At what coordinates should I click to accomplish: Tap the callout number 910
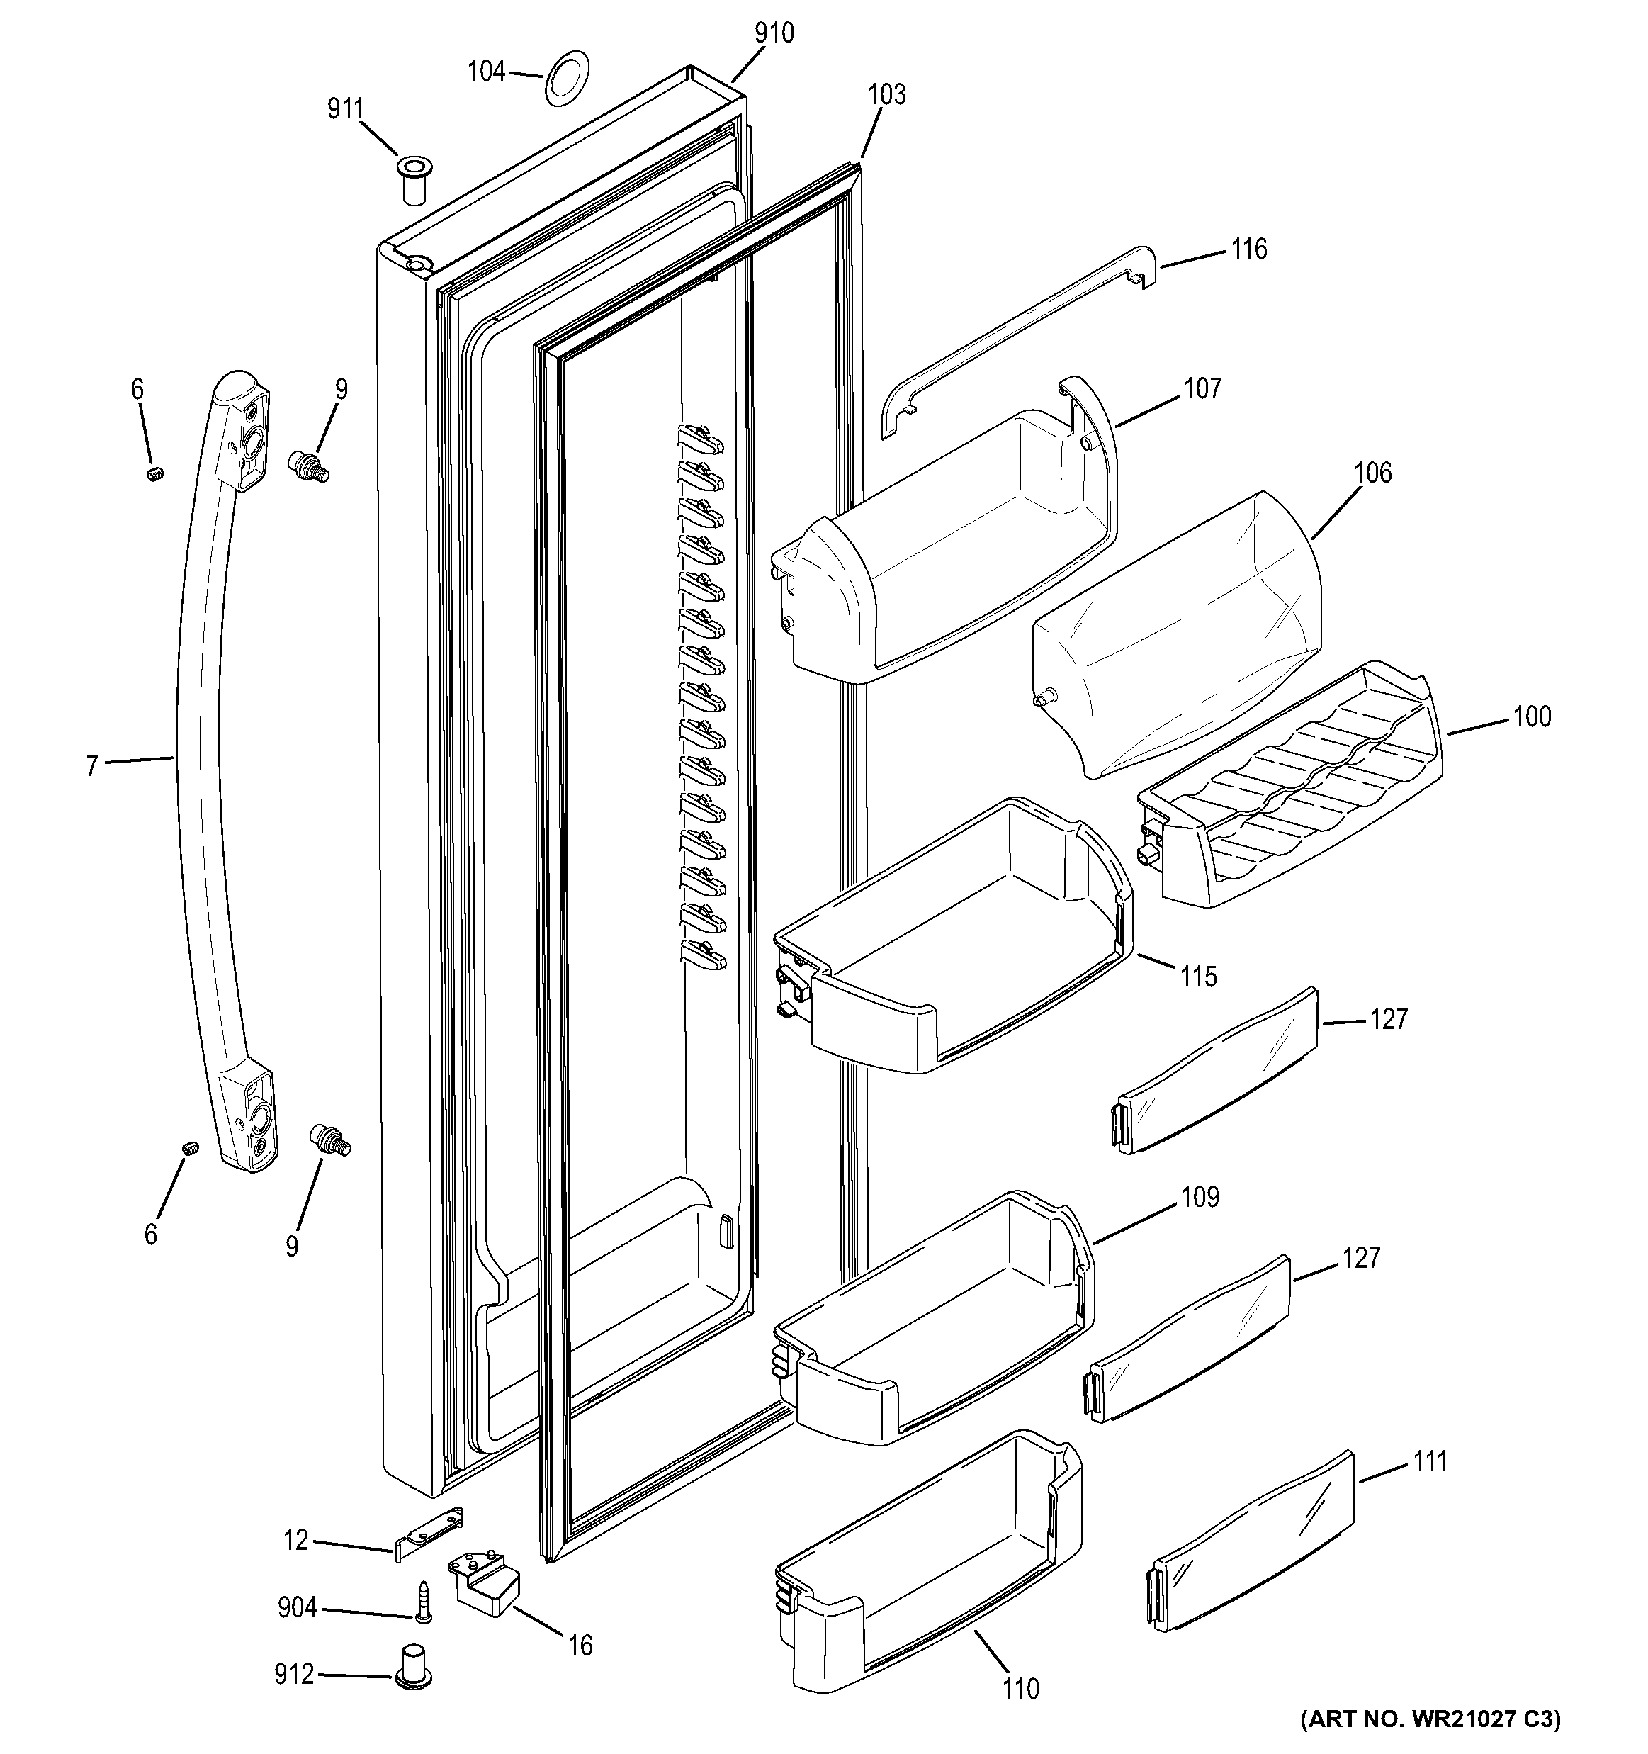774,33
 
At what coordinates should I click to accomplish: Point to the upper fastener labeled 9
309,465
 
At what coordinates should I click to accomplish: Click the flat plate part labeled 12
429,1534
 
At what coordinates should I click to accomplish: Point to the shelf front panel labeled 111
1253,1535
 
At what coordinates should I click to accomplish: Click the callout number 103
886,94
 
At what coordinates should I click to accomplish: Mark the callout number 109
1199,1197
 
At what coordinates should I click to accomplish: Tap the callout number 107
1202,388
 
